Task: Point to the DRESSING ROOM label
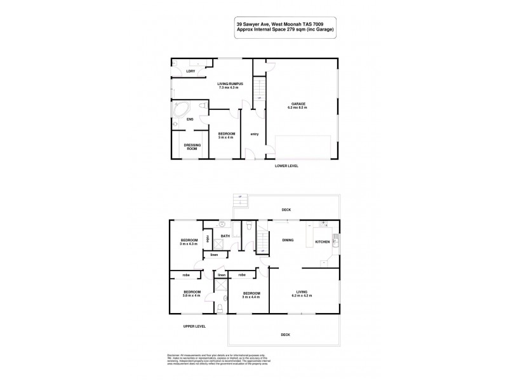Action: tap(192, 147)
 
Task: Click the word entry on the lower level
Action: tap(254, 134)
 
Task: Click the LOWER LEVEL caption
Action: tap(286, 166)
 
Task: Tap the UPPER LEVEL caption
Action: tap(195, 326)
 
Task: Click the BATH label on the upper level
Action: tap(225, 236)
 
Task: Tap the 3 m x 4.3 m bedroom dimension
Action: tap(189, 243)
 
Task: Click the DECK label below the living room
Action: tap(286, 335)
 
